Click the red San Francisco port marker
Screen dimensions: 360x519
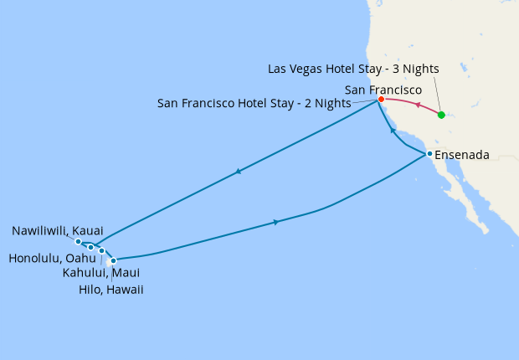(381, 99)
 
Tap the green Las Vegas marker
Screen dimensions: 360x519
(441, 115)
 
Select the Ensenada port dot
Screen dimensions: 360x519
(429, 154)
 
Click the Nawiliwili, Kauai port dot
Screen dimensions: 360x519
(78, 242)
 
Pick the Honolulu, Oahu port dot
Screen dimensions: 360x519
(90, 247)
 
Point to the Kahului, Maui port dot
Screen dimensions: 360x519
(101, 250)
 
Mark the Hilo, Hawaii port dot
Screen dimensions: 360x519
(113, 260)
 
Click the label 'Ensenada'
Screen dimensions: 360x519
(462, 155)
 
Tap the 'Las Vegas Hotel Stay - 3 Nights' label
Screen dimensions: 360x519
(353, 69)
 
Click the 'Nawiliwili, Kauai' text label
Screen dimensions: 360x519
(58, 229)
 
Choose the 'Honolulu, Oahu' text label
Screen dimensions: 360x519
(49, 259)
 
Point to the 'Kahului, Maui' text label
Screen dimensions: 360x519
(100, 273)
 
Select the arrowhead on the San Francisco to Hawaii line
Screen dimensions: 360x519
(239, 172)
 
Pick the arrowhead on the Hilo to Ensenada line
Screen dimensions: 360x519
(276, 222)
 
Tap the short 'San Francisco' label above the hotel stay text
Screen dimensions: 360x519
(383, 89)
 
